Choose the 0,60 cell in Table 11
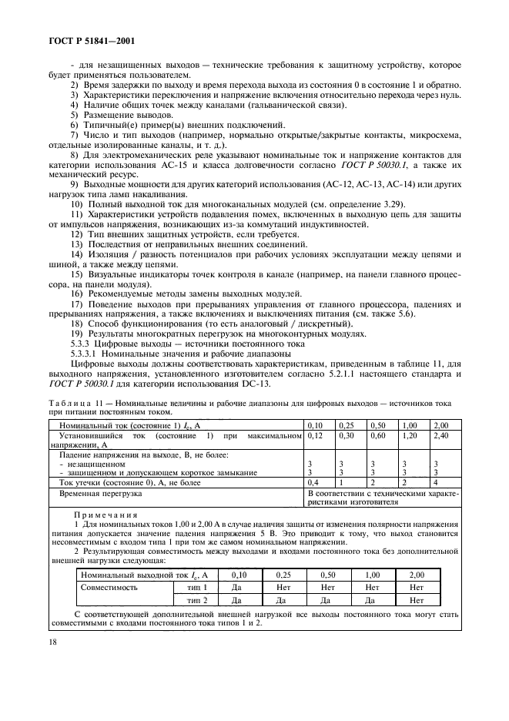point(378,436)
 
